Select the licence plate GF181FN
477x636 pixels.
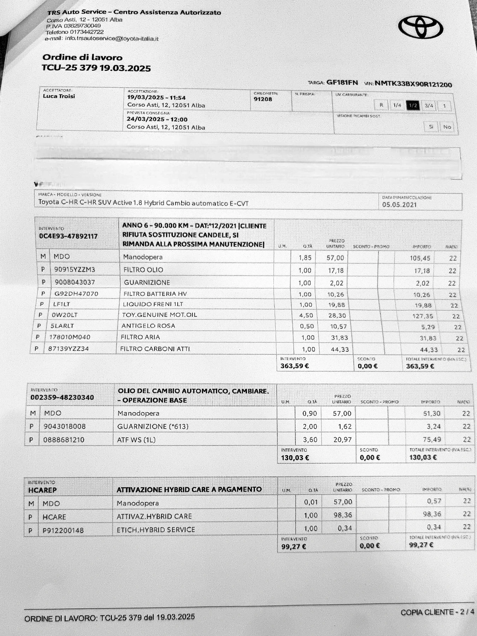[x=342, y=83]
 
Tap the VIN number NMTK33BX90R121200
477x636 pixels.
[x=413, y=84]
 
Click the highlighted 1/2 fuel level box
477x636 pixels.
[x=413, y=105]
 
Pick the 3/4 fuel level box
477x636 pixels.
[x=429, y=105]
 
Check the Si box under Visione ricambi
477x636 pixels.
[x=431, y=126]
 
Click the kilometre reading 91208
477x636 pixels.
[x=263, y=99]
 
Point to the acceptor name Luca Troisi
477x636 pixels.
[x=59, y=96]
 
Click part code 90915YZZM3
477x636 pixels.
[x=75, y=270]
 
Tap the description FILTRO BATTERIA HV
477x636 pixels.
[x=155, y=294]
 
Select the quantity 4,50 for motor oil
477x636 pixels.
[x=306, y=316]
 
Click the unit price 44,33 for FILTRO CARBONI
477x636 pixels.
[x=340, y=349]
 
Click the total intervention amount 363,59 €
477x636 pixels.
[x=420, y=366]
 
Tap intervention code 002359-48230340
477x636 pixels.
[x=62, y=397]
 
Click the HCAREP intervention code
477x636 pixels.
[x=42, y=490]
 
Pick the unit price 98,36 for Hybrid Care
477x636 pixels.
[x=343, y=515]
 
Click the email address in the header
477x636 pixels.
[x=112, y=39]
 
